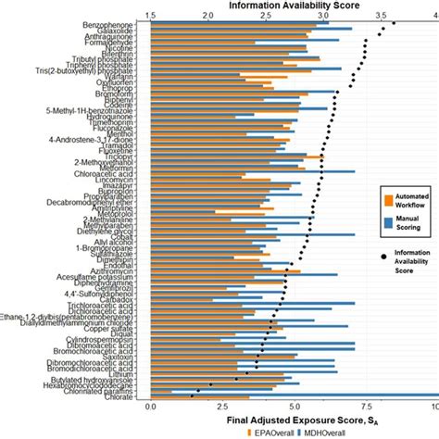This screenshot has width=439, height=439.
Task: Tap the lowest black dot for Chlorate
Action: (192, 396)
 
